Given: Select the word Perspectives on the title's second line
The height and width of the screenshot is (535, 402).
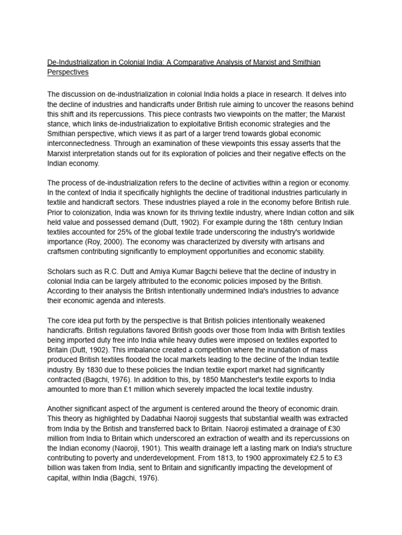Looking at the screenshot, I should [x=68, y=72].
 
